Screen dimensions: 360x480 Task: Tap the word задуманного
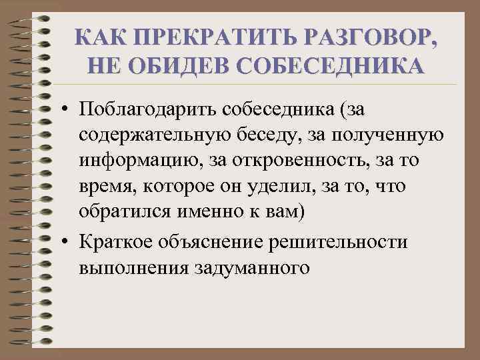[253, 269]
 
